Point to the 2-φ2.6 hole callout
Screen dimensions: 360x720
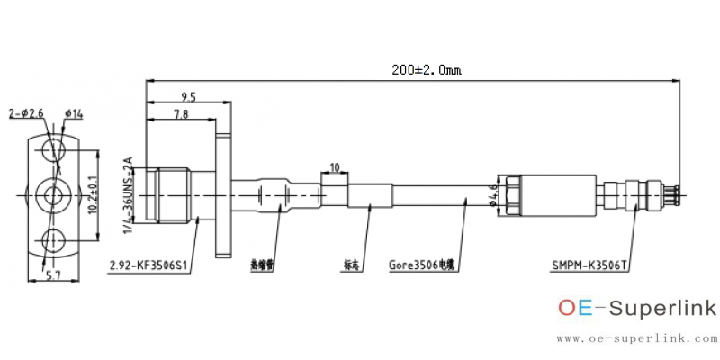[26, 113]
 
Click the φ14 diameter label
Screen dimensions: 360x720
[74, 113]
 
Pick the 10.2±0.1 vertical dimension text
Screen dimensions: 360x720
[92, 193]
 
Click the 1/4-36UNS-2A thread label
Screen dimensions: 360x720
[128, 195]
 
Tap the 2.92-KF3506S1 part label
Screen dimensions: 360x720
[148, 265]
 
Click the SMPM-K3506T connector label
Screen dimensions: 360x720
[589, 265]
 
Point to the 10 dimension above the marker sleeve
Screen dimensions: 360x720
[335, 167]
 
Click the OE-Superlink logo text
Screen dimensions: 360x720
[637, 309]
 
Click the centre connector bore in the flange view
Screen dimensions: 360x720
[54, 193]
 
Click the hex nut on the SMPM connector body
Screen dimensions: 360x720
[507, 194]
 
